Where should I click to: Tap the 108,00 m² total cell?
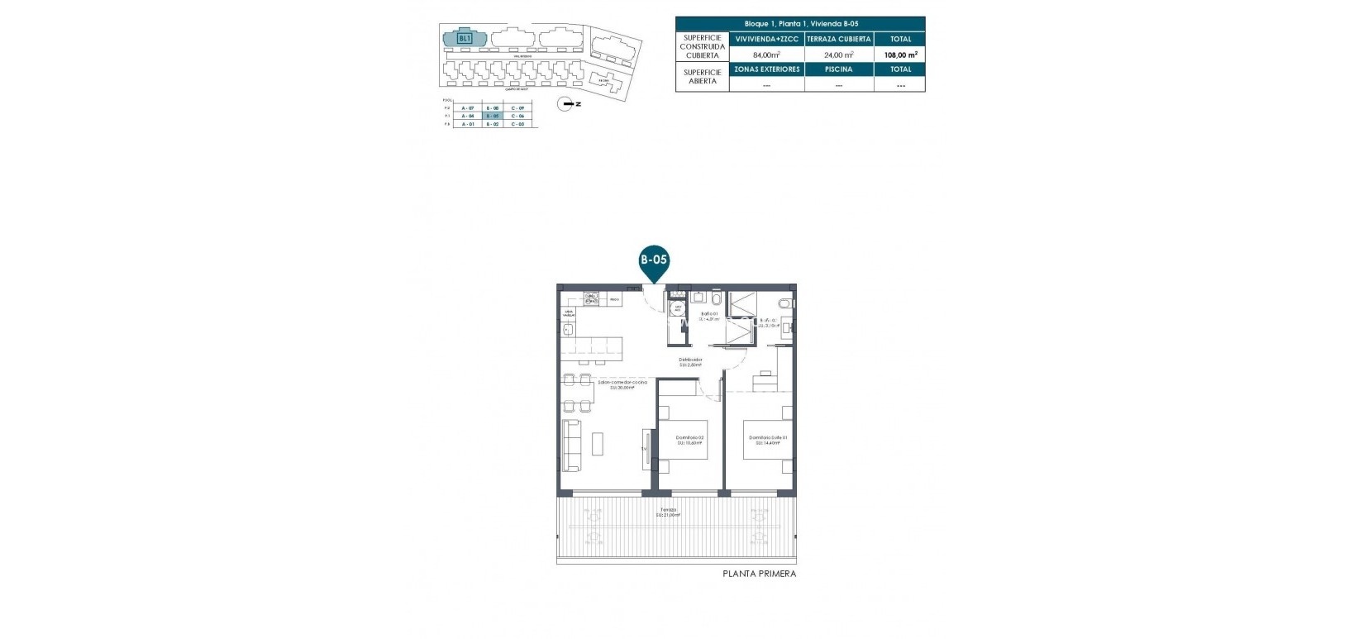(899, 55)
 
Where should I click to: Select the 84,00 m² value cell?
(766, 55)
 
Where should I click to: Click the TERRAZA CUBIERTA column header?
(838, 39)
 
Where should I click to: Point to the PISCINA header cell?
(838, 69)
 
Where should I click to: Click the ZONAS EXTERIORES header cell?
(766, 69)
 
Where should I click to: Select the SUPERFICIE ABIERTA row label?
(702, 77)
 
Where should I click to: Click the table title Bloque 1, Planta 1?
(800, 24)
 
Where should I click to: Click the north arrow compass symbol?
(569, 103)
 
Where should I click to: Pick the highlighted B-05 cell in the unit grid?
(493, 117)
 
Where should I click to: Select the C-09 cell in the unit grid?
(517, 108)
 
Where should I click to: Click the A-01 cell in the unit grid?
(468, 124)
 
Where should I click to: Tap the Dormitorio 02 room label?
(689, 439)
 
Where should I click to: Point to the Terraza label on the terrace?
(668, 512)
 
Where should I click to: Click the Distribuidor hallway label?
(690, 361)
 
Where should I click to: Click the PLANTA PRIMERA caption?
(759, 574)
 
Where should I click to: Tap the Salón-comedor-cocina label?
(622, 384)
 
